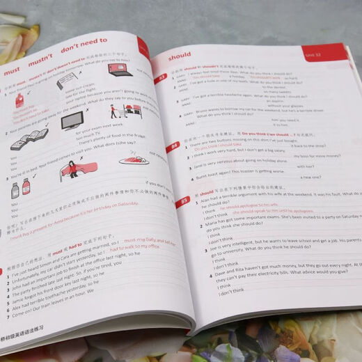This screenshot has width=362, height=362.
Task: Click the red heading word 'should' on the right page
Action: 179,56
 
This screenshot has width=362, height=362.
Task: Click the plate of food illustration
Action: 133,160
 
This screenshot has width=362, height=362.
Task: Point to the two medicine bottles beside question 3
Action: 19,187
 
